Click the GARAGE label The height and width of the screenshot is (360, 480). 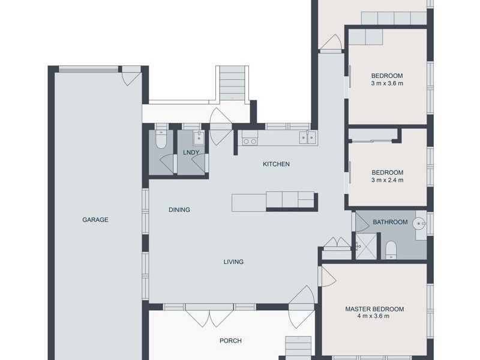click(x=95, y=220)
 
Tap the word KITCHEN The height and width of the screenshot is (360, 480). click(x=276, y=164)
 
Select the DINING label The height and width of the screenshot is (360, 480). click(x=179, y=209)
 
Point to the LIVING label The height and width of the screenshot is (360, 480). click(x=233, y=262)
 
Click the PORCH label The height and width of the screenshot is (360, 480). click(x=230, y=341)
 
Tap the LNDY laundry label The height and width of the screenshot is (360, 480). click(x=191, y=152)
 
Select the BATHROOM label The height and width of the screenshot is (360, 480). click(x=390, y=222)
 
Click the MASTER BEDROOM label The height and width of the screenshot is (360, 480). click(x=374, y=309)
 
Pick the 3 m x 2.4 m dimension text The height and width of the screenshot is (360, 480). click(x=387, y=181)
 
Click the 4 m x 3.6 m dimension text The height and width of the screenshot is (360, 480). click(x=373, y=316)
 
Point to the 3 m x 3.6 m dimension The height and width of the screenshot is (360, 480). click(x=387, y=83)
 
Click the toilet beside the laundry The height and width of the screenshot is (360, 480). click(x=160, y=139)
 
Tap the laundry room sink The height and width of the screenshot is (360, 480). click(x=199, y=138)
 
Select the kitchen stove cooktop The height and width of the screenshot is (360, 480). click(x=250, y=138)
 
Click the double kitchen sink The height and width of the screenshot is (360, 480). click(x=308, y=137)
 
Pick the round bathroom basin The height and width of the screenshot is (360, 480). click(x=419, y=223)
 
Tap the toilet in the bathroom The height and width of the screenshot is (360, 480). click(x=391, y=250)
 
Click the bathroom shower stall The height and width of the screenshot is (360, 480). click(x=366, y=247)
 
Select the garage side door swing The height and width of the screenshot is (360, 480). click(x=131, y=79)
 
